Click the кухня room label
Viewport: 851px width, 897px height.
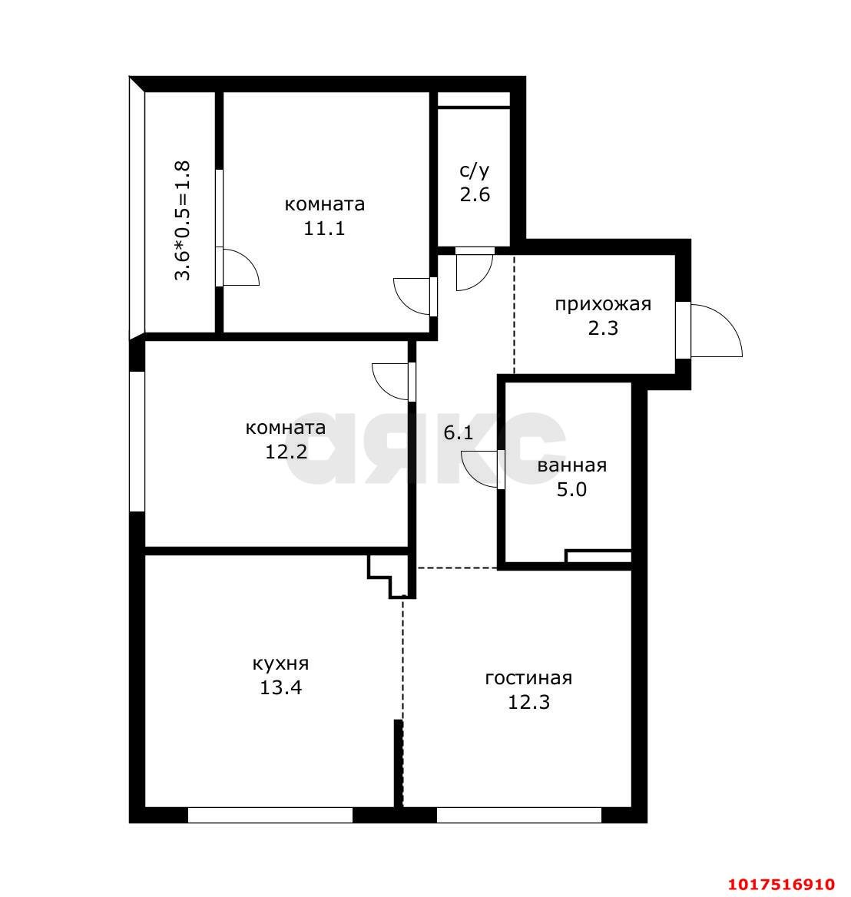pos(280,664)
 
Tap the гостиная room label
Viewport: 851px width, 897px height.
pos(528,678)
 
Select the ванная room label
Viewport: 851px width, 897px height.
pos(571,465)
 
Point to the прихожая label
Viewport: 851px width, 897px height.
pos(603,304)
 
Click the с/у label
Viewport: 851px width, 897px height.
pos(475,170)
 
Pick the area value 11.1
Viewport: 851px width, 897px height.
pos(324,229)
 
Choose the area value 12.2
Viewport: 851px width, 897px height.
pos(286,452)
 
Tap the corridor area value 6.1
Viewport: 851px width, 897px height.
pos(459,433)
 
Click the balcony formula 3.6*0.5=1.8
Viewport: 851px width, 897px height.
pos(182,220)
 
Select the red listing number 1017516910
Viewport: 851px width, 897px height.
pos(781,884)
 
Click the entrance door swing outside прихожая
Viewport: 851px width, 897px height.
pos(717,330)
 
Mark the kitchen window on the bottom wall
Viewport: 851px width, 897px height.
pos(270,815)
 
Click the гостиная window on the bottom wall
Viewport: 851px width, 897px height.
pos(519,815)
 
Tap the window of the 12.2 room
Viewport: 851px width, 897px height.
pos(137,441)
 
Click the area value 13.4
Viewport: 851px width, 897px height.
pos(280,687)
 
